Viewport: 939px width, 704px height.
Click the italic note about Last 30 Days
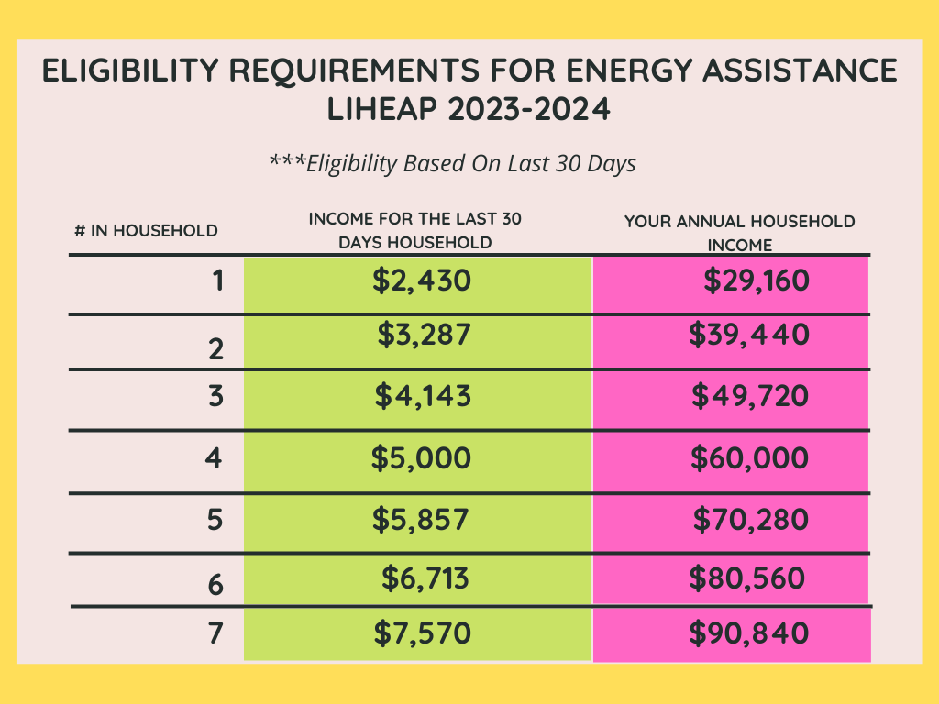[452, 163]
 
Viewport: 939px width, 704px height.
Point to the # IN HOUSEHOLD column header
[146, 230]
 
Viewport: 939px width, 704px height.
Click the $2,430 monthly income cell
[422, 280]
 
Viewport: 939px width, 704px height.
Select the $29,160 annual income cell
[757, 280]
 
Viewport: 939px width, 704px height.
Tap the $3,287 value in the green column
[424, 335]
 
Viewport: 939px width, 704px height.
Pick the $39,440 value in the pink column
[749, 335]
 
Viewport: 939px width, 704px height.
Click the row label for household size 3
[215, 396]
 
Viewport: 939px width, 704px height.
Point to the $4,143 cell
[423, 396]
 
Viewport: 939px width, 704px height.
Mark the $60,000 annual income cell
[749, 458]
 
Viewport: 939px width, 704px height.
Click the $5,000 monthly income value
[421, 458]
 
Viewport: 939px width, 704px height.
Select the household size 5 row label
[215, 520]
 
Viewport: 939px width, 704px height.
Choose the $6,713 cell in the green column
[425, 578]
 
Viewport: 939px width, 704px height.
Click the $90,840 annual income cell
[749, 632]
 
